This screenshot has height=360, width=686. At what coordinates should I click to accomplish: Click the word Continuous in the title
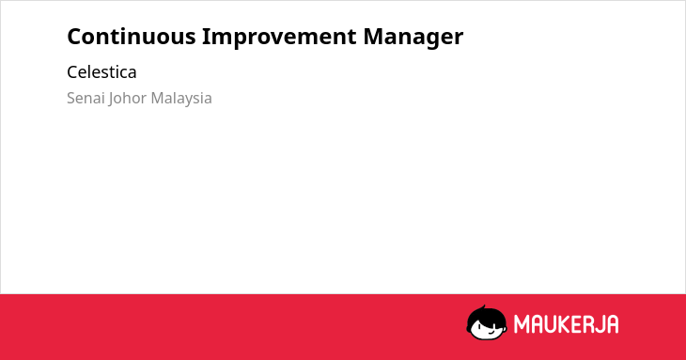(132, 37)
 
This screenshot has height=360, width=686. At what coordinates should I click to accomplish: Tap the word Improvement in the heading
(279, 38)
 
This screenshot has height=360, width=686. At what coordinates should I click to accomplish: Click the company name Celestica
(101, 72)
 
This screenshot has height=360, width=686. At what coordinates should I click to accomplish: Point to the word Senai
(86, 98)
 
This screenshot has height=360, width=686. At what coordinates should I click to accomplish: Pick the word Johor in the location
(127, 99)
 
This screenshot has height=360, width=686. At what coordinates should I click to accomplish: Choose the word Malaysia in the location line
(181, 99)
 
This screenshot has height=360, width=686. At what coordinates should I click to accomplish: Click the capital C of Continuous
(74, 37)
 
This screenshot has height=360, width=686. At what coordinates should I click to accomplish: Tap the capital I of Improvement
(205, 37)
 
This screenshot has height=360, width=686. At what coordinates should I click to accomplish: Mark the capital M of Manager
(374, 37)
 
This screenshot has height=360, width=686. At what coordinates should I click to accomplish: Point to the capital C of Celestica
(72, 72)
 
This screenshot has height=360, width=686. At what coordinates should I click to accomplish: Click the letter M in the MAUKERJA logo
(522, 324)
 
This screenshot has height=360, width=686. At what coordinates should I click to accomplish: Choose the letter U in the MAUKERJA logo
(552, 324)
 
